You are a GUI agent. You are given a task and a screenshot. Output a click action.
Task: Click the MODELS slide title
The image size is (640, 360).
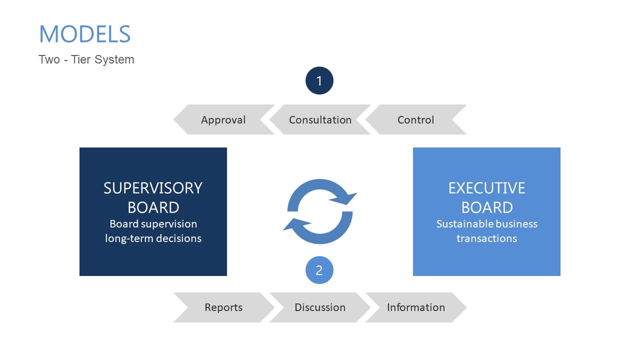[x=84, y=34]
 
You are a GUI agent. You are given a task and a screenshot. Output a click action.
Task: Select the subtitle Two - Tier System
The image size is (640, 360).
[x=86, y=59]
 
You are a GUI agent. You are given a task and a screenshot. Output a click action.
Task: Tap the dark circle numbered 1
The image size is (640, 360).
[x=319, y=80]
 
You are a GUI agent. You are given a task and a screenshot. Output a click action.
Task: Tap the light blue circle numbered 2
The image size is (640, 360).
[x=319, y=270]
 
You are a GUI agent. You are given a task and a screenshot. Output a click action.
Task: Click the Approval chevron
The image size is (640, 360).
[x=223, y=120]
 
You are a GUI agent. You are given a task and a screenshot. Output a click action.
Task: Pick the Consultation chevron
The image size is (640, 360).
[x=320, y=120]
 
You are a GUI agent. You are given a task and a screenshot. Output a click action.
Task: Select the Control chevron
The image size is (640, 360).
[x=415, y=120]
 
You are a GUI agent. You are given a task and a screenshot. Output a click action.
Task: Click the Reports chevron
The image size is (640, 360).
[x=223, y=307]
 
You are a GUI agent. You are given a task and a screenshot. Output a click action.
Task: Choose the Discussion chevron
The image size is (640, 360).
[x=320, y=307]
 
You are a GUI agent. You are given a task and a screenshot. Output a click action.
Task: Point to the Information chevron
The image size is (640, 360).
[x=415, y=307]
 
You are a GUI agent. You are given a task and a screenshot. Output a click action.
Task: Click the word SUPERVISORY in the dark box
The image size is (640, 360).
[x=153, y=188]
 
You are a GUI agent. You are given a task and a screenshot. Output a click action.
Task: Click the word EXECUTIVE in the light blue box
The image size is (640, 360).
[x=486, y=188]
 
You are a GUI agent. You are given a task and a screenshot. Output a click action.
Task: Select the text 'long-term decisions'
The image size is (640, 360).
[x=153, y=238]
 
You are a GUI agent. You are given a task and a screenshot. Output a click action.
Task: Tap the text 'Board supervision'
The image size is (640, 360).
[x=153, y=224]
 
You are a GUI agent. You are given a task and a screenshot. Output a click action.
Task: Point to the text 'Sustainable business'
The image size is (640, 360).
[x=486, y=224]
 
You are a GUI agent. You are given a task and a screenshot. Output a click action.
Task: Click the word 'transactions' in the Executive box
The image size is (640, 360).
[x=486, y=238]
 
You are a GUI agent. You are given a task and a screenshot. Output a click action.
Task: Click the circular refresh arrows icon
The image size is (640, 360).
[x=320, y=211]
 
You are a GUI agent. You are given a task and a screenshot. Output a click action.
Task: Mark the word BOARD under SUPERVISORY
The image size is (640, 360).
[x=153, y=207]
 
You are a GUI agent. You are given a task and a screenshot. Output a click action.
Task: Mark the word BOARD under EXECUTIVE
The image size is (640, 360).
[x=486, y=207]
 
